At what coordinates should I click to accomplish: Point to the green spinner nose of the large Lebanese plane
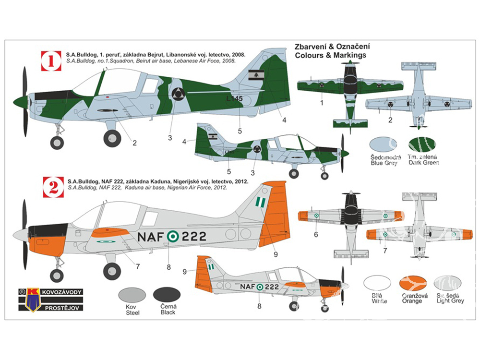tap(21, 101)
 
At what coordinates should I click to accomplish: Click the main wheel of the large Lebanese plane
tap(112, 138)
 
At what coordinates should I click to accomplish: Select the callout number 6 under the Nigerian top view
tap(315, 235)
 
